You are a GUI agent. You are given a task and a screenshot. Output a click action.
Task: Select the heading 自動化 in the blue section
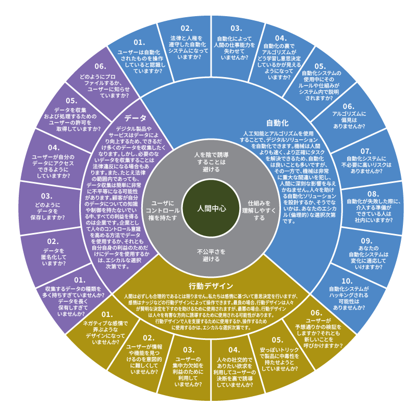tap(277, 124)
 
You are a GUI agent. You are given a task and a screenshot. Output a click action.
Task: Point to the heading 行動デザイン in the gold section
tap(211, 286)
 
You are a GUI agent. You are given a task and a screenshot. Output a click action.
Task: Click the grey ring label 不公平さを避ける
tap(208, 255)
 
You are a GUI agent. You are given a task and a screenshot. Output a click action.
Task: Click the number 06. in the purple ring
tap(101, 66)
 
